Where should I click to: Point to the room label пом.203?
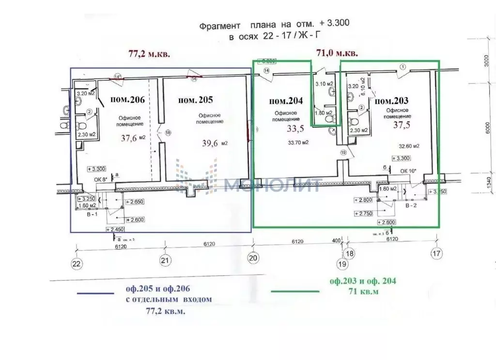coord(392,101)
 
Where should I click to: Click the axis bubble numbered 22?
coord(77,263)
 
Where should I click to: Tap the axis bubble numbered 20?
coord(252,258)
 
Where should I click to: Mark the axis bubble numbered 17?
coord(437,252)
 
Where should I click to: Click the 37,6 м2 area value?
coord(134,138)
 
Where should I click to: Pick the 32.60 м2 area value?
coord(409,145)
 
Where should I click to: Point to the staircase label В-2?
coord(409,205)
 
